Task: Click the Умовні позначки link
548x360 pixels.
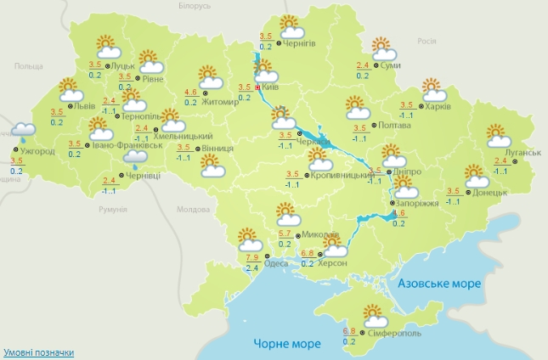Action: coord(38,352)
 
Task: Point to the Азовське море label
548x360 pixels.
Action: coord(440,283)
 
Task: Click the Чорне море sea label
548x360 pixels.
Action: coord(287,343)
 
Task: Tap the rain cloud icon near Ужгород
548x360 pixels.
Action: coord(23,131)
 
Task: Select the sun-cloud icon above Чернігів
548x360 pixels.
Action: coord(290,25)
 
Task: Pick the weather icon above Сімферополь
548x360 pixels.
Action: coord(375,315)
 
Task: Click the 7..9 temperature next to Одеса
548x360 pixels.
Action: coord(252,256)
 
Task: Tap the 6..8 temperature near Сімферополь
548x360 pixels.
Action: coord(348,330)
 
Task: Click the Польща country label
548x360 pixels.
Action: coord(29,65)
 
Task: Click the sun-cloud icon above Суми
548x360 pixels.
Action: coord(381,46)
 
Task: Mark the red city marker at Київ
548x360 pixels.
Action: coord(257,86)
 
